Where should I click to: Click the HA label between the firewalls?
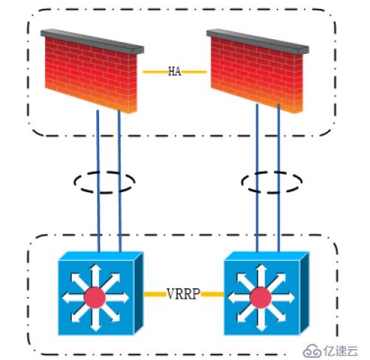click(175, 72)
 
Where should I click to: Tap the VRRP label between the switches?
click(184, 293)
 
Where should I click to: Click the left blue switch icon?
click(101, 293)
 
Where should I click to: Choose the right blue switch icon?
click(266, 293)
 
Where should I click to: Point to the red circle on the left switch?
click(95, 298)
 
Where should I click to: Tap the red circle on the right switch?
click(260, 298)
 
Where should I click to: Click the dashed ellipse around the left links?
click(104, 172)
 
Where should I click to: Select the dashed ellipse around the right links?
click(272, 172)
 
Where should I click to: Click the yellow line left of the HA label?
click(155, 72)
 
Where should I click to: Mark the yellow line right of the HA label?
click(194, 72)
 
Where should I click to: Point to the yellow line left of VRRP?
click(155, 294)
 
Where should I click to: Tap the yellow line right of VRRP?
click(212, 294)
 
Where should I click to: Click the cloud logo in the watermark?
click(312, 350)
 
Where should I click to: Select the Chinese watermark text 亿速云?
click(340, 350)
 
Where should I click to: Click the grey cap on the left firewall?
click(92, 41)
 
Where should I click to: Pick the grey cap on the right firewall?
click(258, 41)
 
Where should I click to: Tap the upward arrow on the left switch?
click(95, 275)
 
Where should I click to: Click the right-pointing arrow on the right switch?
click(283, 298)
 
